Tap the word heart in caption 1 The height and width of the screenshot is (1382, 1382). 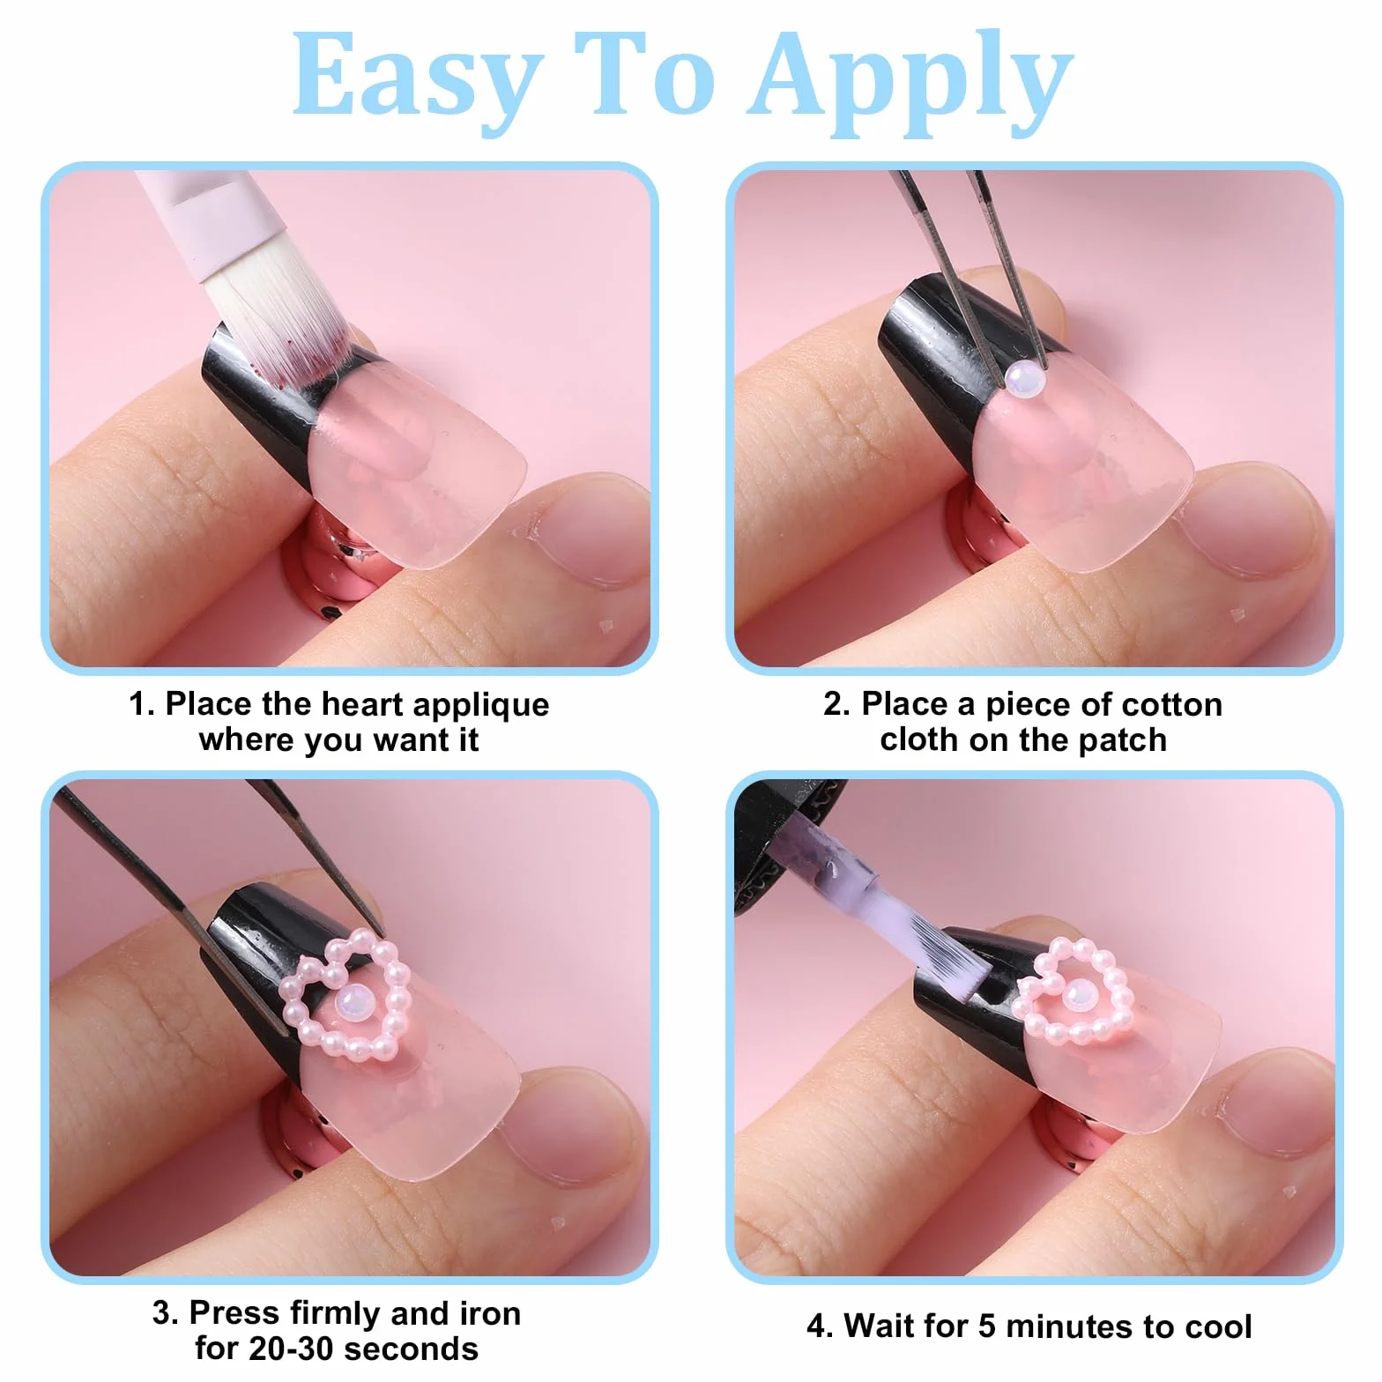tap(363, 704)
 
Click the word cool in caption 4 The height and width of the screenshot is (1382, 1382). tap(1218, 1326)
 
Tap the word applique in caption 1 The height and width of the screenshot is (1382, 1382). tap(480, 705)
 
